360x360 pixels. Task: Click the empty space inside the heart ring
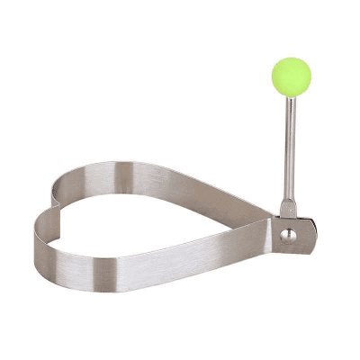pyautogui.click(x=153, y=211)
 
